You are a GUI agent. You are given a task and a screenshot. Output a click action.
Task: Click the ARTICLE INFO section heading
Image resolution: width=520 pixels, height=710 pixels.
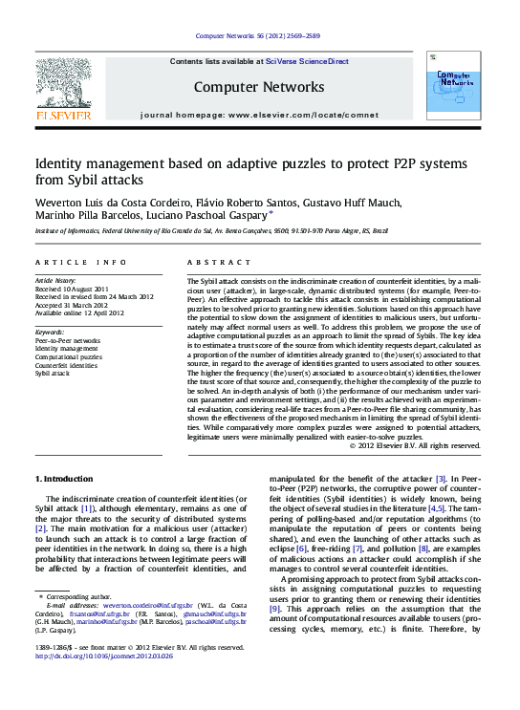coord(80,262)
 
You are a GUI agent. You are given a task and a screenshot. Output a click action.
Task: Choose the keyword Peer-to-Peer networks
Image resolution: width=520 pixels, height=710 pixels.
coord(68,340)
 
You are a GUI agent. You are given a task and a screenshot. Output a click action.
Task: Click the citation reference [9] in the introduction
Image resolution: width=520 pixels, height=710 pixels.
coord(274,608)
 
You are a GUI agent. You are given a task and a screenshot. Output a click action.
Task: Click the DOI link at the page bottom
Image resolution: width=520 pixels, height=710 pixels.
coord(92,682)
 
